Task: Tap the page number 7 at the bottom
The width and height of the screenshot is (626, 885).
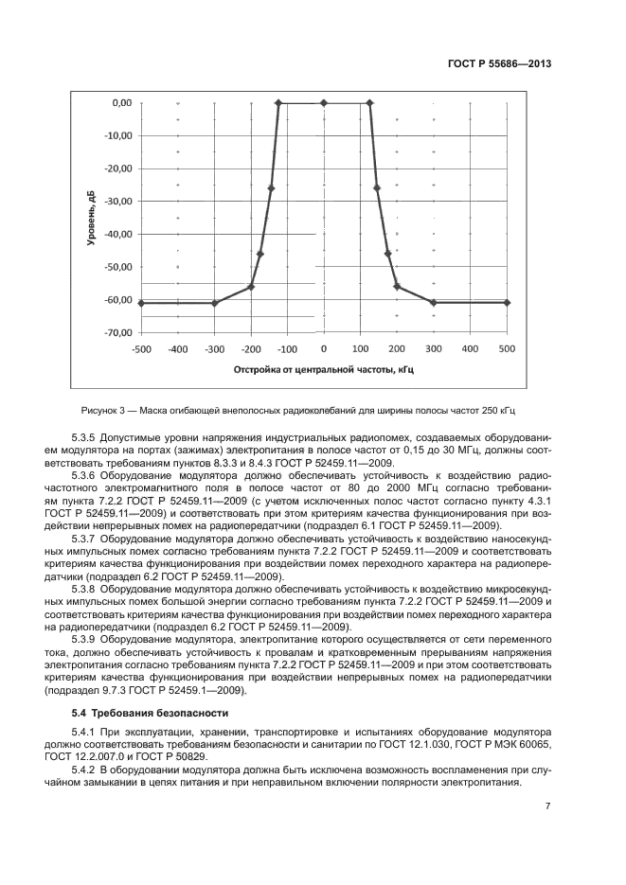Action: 548,806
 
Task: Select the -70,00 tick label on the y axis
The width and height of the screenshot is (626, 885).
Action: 116,333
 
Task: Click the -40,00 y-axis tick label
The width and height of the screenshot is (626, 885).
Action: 116,234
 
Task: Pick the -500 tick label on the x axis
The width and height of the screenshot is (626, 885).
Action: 140,349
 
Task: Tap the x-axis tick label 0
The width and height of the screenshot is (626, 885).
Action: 323,349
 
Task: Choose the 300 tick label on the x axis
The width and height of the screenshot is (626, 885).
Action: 434,349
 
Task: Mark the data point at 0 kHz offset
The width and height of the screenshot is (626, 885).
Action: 323,102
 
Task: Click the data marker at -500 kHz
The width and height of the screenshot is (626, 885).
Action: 140,303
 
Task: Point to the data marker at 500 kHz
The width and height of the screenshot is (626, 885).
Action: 507,303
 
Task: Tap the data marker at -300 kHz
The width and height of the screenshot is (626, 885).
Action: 214,303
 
